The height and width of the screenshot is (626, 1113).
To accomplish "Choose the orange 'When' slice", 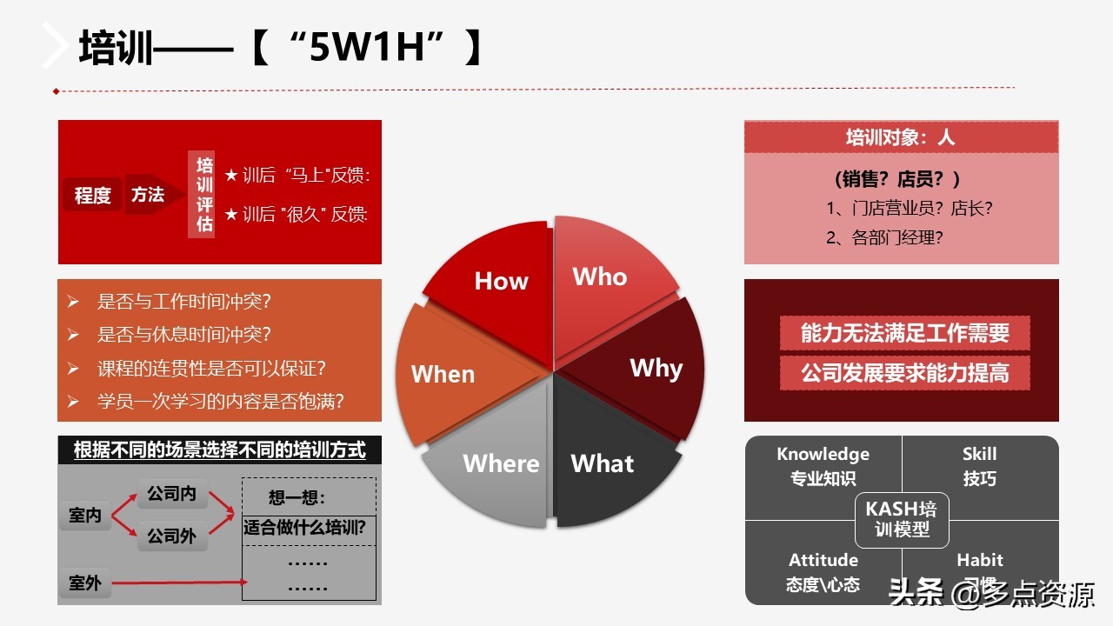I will (448, 374).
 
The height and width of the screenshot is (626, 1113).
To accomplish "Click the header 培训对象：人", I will (901, 137).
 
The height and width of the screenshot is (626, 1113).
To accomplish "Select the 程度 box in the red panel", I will (92, 195).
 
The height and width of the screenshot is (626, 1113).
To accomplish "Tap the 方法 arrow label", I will (149, 195).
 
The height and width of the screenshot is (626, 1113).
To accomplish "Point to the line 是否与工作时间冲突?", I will (184, 302).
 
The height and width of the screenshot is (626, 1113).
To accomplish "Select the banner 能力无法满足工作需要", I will (904, 332).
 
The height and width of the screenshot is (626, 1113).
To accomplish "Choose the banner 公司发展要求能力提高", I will (904, 373).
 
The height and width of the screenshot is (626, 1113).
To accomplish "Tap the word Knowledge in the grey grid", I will (823, 454).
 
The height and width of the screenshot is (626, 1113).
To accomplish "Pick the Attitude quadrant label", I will (823, 560).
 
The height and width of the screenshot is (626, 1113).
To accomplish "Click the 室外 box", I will (85, 583).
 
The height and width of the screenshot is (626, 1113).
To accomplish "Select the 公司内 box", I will (171, 494).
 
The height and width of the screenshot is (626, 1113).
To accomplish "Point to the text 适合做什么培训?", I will (304, 527).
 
